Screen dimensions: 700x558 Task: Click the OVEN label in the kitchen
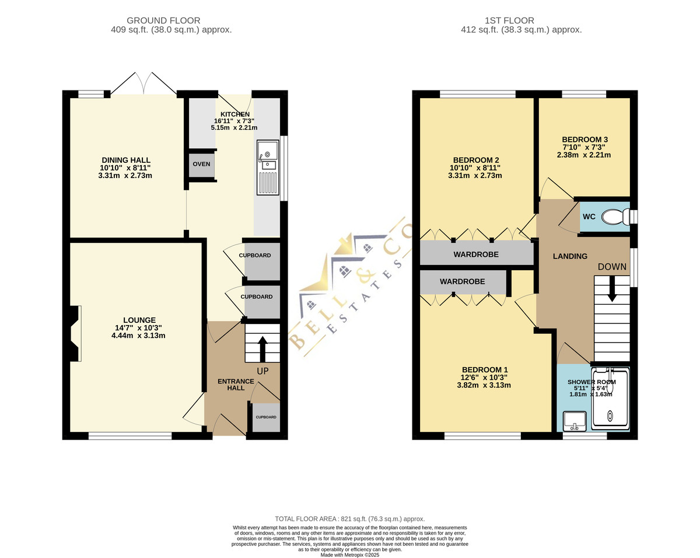coord(201,164)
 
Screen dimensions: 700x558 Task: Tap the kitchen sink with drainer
coord(268,168)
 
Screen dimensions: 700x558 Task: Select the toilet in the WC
coord(616,217)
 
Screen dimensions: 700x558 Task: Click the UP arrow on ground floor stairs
coord(262,349)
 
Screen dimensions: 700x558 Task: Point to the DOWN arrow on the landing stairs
coord(612,289)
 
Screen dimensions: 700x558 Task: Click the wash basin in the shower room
coord(575,421)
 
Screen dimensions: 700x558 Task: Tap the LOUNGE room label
coord(139,320)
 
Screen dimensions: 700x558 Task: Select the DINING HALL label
coord(126,160)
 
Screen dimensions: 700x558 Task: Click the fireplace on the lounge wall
coord(75,333)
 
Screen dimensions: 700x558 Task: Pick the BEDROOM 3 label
coord(584,139)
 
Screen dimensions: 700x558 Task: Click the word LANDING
coord(570,257)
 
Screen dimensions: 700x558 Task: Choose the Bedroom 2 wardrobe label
coord(476,254)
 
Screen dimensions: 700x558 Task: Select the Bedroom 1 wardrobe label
coord(462,281)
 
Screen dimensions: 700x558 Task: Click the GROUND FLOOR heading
coord(163,20)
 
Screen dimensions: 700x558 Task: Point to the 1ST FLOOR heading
coord(509,20)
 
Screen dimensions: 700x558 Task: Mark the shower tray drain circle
coord(610,415)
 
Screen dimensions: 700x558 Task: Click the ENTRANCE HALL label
coord(236,385)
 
